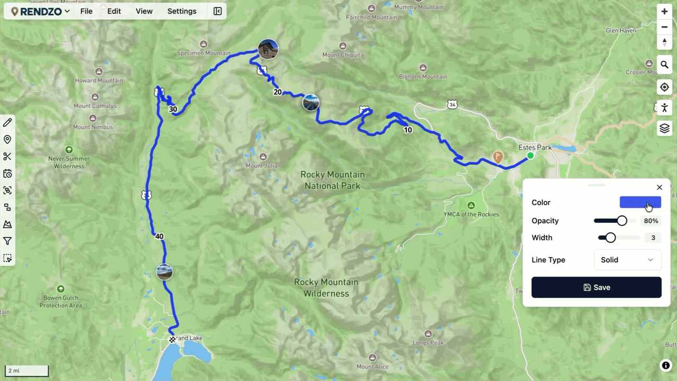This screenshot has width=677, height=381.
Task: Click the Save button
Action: [596, 287]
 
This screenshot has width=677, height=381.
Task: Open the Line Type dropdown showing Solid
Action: [627, 260]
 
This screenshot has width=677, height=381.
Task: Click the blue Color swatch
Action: [640, 202]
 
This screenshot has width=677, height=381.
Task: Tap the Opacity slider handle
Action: [622, 221]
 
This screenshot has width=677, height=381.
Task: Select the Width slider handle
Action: [610, 238]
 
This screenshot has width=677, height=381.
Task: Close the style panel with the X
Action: [659, 187]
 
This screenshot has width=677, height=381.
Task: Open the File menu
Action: [86, 11]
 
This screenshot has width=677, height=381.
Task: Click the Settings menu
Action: [181, 11]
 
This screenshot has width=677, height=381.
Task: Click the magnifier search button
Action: [664, 65]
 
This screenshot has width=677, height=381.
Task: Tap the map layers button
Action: [664, 128]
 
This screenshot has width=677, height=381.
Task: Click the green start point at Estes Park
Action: [530, 156]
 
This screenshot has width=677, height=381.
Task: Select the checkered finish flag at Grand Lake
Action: [172, 339]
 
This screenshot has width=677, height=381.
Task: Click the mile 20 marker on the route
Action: [277, 92]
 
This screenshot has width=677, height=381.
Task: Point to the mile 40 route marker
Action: [159, 237]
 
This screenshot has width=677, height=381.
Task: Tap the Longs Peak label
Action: [428, 343]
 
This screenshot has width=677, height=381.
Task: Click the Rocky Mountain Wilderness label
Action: [326, 288]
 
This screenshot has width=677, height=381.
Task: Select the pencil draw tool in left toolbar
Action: [7, 123]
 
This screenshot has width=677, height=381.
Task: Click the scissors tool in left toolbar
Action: [7, 157]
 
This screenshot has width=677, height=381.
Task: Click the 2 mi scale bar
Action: [26, 371]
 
